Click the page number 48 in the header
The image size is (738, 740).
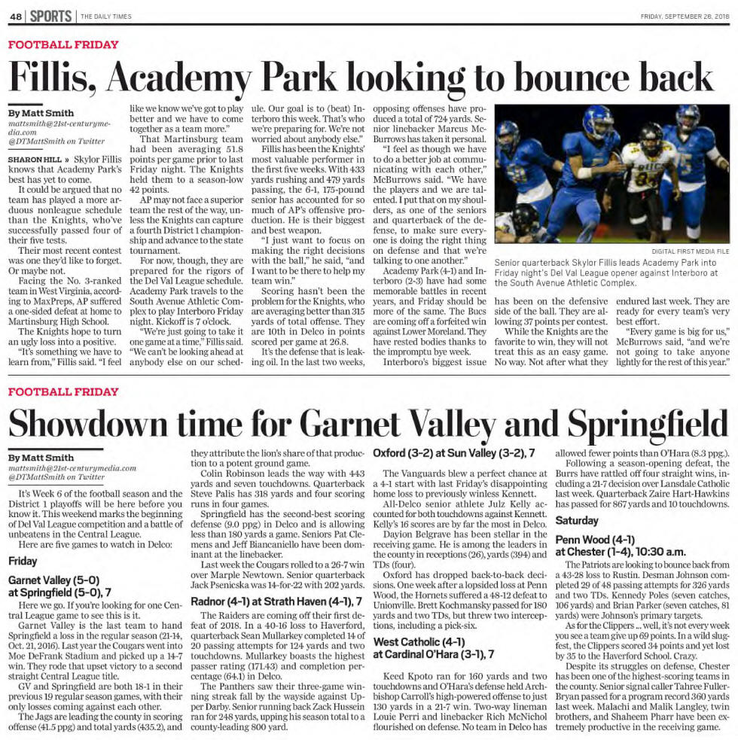point(14,16)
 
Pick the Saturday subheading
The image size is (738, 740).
point(578,520)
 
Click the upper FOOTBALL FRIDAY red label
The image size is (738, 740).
point(63,44)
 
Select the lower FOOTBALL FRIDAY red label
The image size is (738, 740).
point(63,391)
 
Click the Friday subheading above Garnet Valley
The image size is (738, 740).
point(23,561)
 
